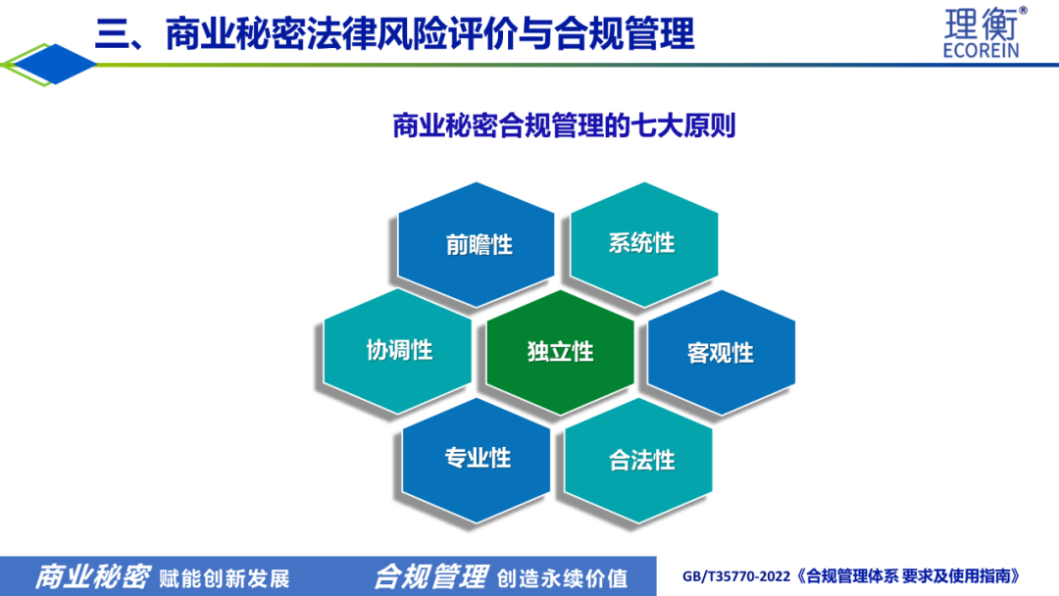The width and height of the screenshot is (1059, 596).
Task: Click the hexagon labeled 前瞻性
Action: (477, 244)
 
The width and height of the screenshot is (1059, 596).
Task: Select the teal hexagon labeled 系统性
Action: (644, 244)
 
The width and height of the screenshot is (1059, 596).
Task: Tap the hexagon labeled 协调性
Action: (398, 351)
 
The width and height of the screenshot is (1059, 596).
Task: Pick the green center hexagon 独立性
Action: (560, 352)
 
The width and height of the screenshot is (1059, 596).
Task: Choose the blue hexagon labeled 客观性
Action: (722, 352)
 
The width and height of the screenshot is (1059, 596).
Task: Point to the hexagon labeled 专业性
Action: (477, 460)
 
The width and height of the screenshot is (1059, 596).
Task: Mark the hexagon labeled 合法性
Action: (638, 461)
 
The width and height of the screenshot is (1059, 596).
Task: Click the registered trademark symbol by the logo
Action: (1023, 10)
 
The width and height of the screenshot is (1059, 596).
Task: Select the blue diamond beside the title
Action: (55, 64)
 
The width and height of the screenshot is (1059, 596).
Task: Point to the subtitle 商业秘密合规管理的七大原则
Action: (564, 125)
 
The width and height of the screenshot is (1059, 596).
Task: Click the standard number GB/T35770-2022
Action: (736, 576)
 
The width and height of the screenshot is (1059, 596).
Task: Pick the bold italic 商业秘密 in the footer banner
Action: (92, 577)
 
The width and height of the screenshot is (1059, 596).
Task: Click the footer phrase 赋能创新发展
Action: (225, 578)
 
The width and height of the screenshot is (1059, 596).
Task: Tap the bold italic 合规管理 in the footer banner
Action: (430, 577)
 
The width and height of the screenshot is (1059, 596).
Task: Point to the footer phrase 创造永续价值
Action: (562, 578)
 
